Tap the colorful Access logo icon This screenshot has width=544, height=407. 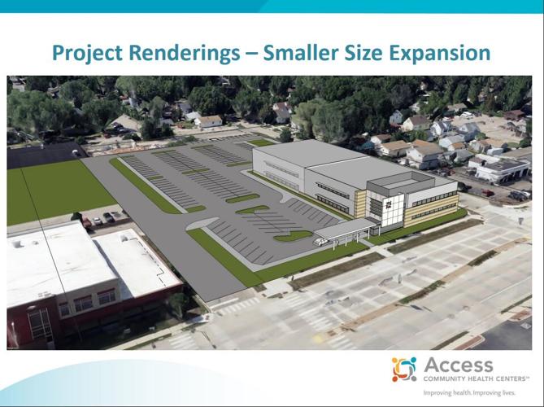(403, 369)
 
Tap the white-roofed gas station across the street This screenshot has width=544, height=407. (497, 168)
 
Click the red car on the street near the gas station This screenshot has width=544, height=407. (487, 194)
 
